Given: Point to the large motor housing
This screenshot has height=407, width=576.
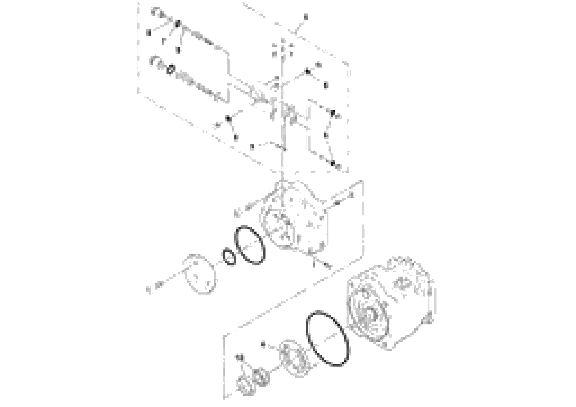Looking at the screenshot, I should tap(391, 304).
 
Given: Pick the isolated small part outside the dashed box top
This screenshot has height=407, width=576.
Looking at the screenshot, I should tap(306, 17).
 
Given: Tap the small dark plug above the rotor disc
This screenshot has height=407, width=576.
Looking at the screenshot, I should tap(263, 344).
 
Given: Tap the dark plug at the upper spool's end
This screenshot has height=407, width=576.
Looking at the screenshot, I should tap(178, 24).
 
